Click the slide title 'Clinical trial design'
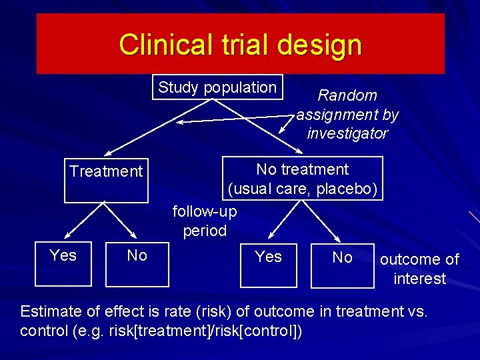[240, 45]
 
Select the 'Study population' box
[217, 87]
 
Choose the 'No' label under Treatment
[137, 255]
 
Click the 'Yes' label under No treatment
[268, 257]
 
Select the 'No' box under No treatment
[343, 265]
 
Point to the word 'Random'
[347, 96]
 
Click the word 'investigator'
[347, 133]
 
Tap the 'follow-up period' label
[205, 221]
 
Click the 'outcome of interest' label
[419, 269]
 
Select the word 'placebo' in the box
[347, 189]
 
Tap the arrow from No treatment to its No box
[317, 221]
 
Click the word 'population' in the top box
[240, 87]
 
